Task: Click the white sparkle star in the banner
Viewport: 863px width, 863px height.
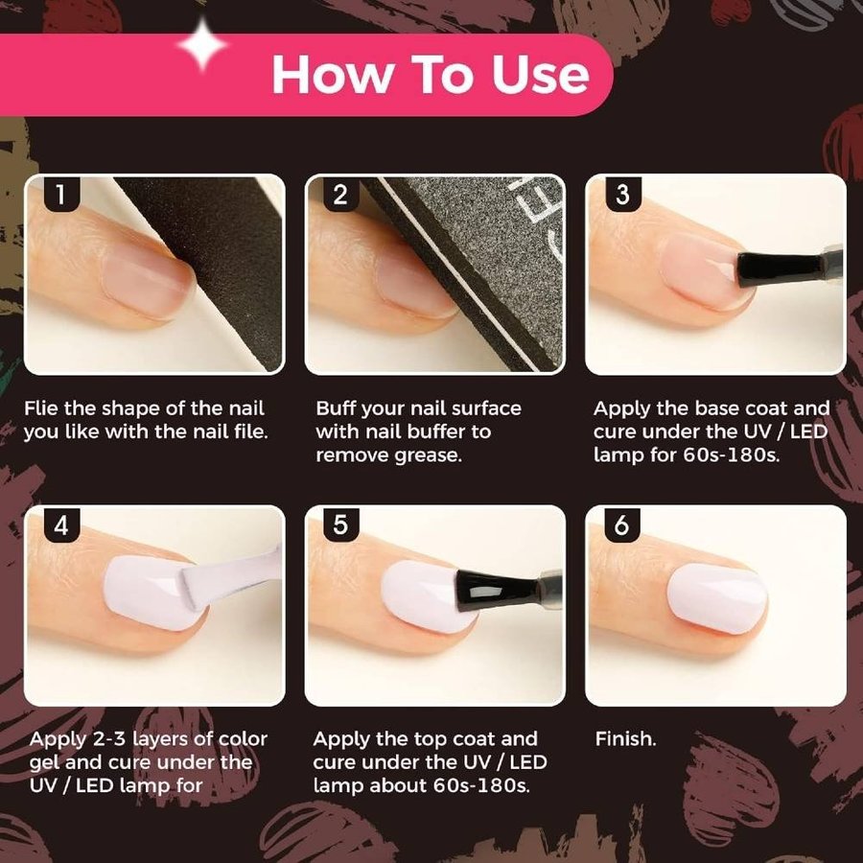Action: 202,45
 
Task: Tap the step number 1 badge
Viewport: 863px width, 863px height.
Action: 61,194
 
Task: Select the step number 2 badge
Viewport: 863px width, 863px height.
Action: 340,194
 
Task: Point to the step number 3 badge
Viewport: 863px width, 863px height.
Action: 622,194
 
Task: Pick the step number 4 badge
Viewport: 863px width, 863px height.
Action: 61,525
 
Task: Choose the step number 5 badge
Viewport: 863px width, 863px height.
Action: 340,525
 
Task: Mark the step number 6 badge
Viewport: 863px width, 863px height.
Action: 622,525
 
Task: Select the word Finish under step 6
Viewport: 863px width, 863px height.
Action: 626,738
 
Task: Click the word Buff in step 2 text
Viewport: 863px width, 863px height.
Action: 335,408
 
